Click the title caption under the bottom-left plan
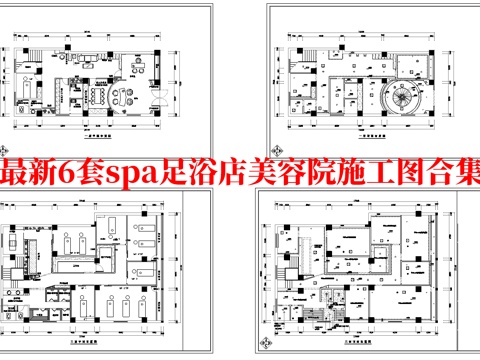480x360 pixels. (x=96, y=340)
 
